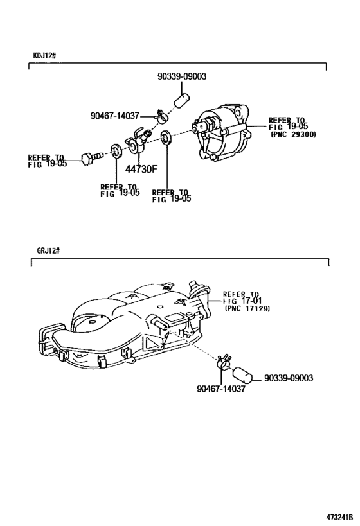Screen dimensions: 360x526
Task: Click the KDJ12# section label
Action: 44,55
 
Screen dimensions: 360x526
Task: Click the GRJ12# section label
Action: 48,250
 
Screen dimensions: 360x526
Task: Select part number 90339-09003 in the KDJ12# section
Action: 182,76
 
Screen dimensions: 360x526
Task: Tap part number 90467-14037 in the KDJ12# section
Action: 115,116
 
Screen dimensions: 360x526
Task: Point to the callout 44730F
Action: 141,169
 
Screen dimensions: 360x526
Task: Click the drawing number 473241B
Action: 339,516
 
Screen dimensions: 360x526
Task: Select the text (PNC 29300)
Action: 294,135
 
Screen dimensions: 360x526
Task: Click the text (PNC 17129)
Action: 248,309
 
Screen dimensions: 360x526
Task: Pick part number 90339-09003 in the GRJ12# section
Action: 289,378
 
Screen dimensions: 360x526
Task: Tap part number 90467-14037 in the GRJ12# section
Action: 221,389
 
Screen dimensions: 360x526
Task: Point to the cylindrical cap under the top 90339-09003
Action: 182,100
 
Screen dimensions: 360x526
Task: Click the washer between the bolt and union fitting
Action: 116,151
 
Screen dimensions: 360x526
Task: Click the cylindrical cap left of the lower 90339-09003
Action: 243,375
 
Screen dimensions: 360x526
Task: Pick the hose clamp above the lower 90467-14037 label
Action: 223,362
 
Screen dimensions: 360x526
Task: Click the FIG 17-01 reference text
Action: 242,301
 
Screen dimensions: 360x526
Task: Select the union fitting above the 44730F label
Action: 137,141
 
